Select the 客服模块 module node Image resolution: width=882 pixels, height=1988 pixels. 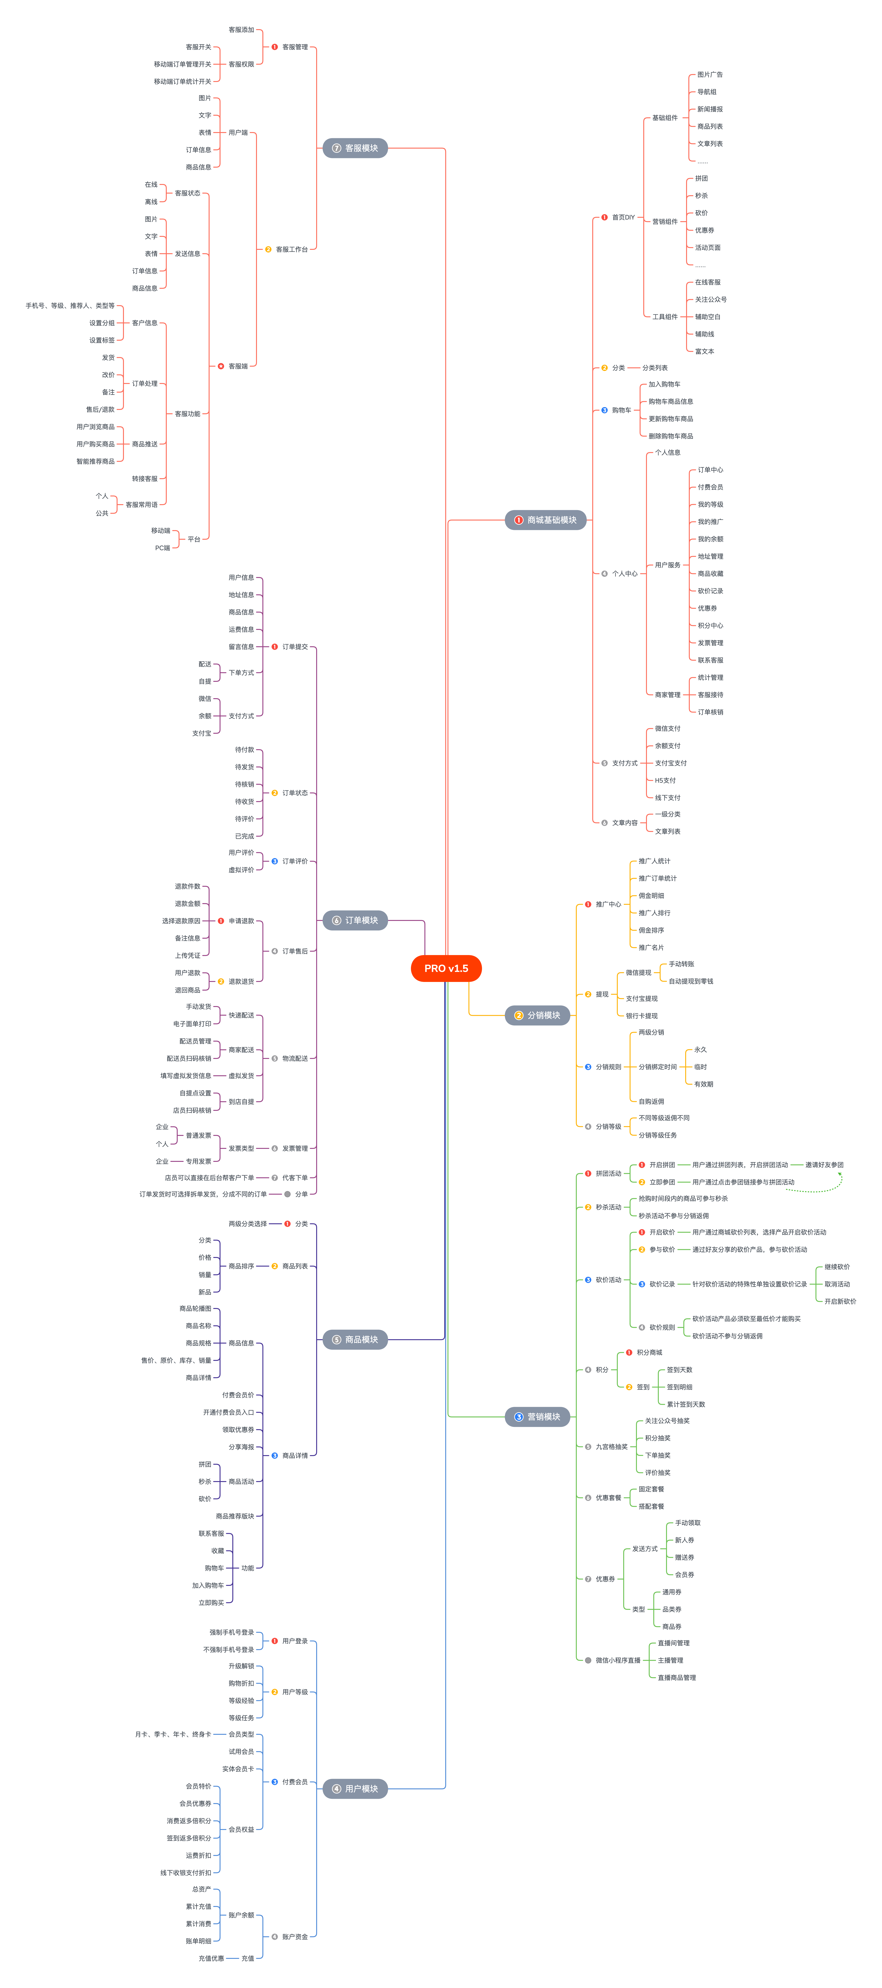point(355,148)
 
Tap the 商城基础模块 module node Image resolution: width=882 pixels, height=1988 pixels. point(546,520)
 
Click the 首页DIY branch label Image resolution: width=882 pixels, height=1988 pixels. point(623,218)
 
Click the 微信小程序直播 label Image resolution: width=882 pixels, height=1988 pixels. point(617,1660)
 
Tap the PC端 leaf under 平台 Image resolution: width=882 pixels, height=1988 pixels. point(162,548)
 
